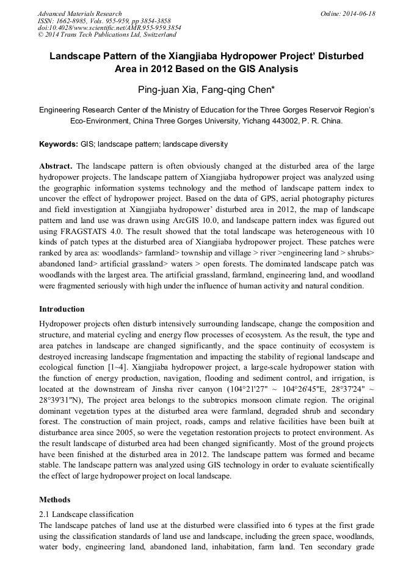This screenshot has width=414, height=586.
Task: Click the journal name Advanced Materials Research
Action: tap(79, 13)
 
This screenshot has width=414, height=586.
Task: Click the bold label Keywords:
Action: tap(58, 145)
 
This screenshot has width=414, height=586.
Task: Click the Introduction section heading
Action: tap(62, 309)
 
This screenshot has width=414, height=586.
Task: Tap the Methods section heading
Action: tap(54, 500)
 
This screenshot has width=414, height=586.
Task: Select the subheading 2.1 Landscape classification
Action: tap(86, 515)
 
